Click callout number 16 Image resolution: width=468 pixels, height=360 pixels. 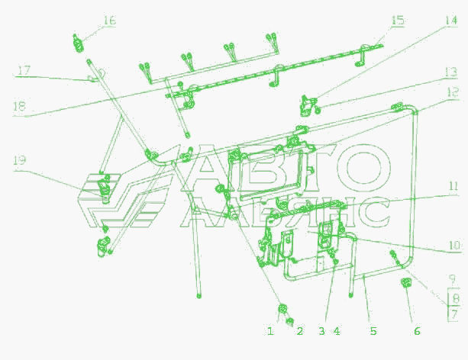pyautogui.click(x=109, y=21)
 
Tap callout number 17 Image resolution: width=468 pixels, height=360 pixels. pyautogui.click(x=24, y=71)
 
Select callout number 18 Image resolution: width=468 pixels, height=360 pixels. pyautogui.click(x=19, y=106)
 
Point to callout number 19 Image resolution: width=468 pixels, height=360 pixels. pyautogui.click(x=19, y=160)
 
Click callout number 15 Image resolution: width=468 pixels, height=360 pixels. pyautogui.click(x=398, y=21)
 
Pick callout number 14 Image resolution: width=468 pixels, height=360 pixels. pyautogui.click(x=451, y=21)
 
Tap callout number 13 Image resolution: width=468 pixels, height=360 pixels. pyautogui.click(x=451, y=72)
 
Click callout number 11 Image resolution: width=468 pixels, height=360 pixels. pyautogui.click(x=453, y=186)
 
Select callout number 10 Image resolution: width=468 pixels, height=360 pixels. pyautogui.click(x=454, y=246)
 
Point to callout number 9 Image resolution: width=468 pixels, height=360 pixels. pyautogui.click(x=453, y=279)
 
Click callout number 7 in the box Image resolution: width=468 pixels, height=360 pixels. pyautogui.click(x=453, y=314)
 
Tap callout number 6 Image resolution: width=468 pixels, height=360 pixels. pyautogui.click(x=417, y=331)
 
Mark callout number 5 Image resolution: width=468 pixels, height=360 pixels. pyautogui.click(x=373, y=331)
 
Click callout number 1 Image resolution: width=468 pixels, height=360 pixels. pyautogui.click(x=270, y=331)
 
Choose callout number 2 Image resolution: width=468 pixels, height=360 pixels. pyautogui.click(x=300, y=331)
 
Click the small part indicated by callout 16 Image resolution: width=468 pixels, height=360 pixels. pyautogui.click(x=78, y=43)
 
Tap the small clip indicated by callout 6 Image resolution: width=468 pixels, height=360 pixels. pyautogui.click(x=405, y=282)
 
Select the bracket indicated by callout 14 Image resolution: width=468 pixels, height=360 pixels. pyautogui.click(x=308, y=105)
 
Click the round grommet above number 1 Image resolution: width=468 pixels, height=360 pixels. pyautogui.click(x=282, y=309)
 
